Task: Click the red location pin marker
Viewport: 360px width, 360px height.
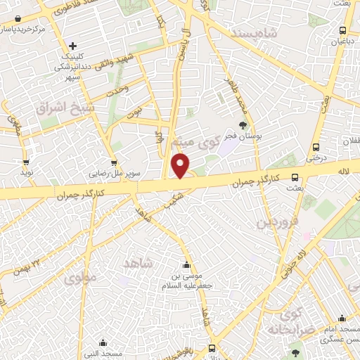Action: tap(181, 166)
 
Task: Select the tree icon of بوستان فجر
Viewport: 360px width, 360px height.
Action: tap(243, 125)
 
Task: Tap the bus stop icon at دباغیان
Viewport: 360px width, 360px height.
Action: tap(342, 30)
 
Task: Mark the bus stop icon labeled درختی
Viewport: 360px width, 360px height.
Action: tap(316, 148)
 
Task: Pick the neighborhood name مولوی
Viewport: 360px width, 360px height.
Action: tap(79, 280)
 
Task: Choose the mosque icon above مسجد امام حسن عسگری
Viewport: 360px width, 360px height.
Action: tap(342, 319)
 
